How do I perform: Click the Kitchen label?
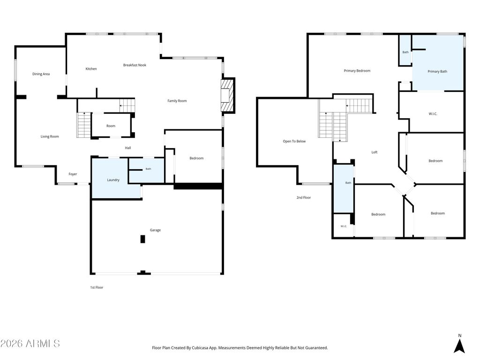(x=91, y=69)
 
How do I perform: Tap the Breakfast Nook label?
(x=135, y=65)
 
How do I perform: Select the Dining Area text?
(x=41, y=74)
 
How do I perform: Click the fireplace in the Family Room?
(x=227, y=96)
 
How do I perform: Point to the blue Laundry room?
(x=113, y=179)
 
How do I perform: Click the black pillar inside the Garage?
(x=142, y=239)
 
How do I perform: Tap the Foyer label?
(x=73, y=174)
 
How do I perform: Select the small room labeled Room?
(x=111, y=125)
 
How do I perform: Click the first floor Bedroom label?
(x=196, y=158)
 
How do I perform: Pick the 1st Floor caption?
(x=97, y=287)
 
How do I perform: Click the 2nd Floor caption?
(x=303, y=197)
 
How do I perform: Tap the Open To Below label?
(x=294, y=141)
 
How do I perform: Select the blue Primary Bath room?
(x=438, y=63)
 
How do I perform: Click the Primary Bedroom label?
(x=357, y=71)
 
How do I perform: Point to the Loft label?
(x=375, y=152)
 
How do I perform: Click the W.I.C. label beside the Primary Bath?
(x=433, y=114)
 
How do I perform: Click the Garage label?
(x=155, y=230)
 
